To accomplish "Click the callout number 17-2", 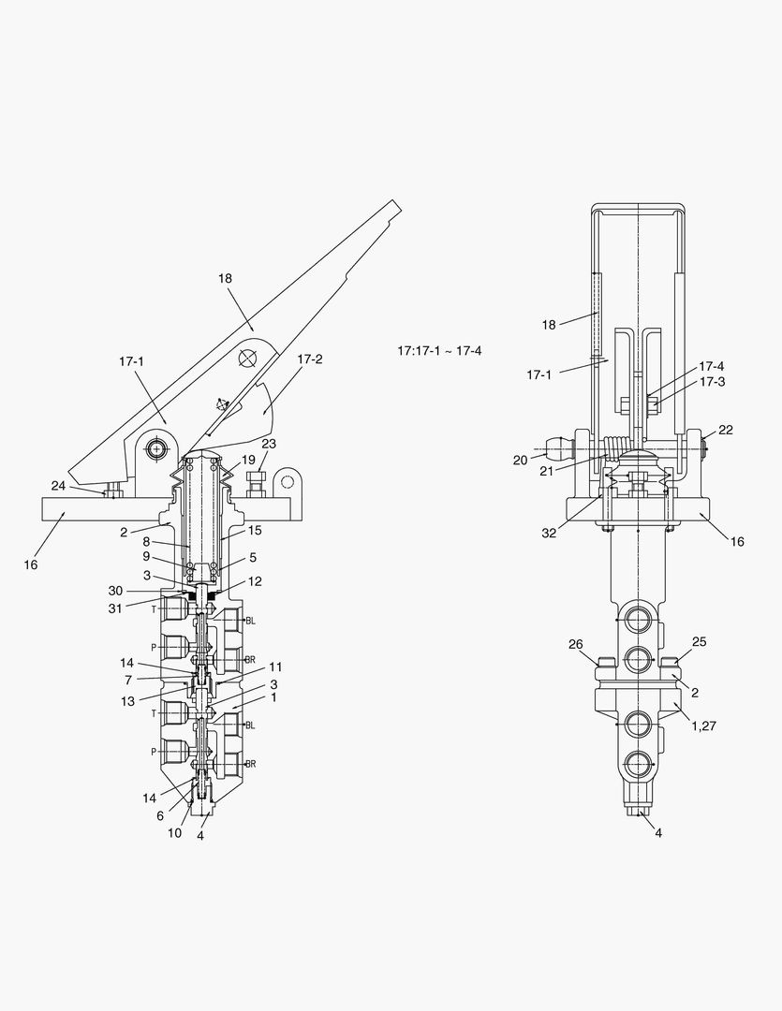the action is click(x=310, y=359).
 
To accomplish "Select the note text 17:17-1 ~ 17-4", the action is click(x=439, y=351).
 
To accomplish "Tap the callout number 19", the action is click(x=248, y=461).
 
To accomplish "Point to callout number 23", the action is click(x=269, y=444).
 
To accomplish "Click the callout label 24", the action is click(x=58, y=486).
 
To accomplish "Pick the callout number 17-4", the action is click(x=712, y=366).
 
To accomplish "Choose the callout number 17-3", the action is click(x=713, y=382).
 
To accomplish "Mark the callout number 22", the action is click(x=726, y=430).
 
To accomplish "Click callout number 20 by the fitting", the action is click(x=520, y=461).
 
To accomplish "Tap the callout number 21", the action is click(x=547, y=471).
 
